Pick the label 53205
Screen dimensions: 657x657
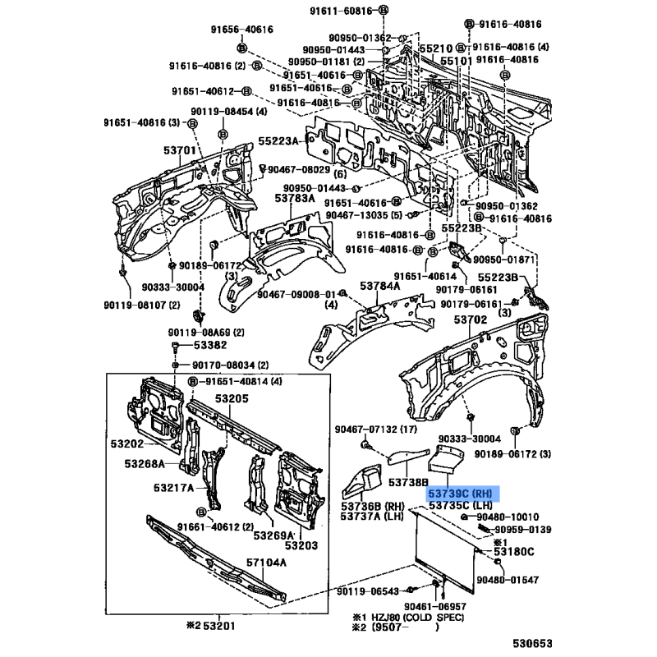click(x=232, y=398)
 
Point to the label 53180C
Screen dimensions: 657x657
click(x=514, y=551)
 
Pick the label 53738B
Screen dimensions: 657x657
click(x=408, y=482)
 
